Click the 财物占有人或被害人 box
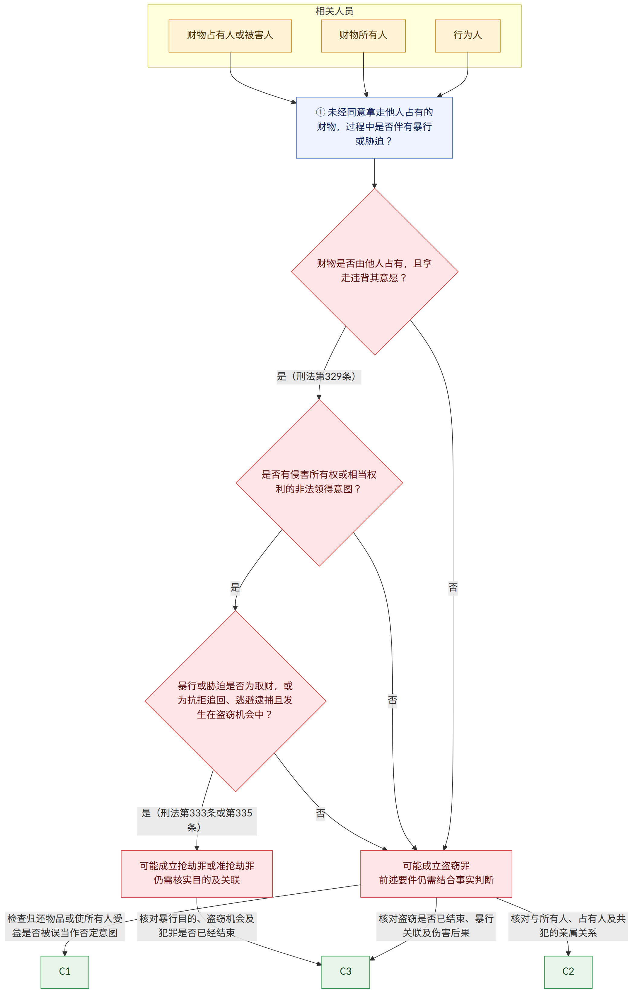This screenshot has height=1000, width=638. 230,36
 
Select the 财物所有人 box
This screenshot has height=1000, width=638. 363,36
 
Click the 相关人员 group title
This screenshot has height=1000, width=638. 334,11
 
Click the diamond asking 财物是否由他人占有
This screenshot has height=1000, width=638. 375,272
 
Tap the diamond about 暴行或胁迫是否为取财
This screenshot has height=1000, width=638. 236,701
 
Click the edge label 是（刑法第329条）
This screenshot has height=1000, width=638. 319,377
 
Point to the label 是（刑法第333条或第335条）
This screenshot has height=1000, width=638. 197,821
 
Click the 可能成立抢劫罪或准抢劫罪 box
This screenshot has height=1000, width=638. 197,874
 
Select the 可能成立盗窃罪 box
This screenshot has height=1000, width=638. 436,874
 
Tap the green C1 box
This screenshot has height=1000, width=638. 65,972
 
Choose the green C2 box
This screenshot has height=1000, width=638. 568,972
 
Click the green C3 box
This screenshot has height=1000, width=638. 346,972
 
